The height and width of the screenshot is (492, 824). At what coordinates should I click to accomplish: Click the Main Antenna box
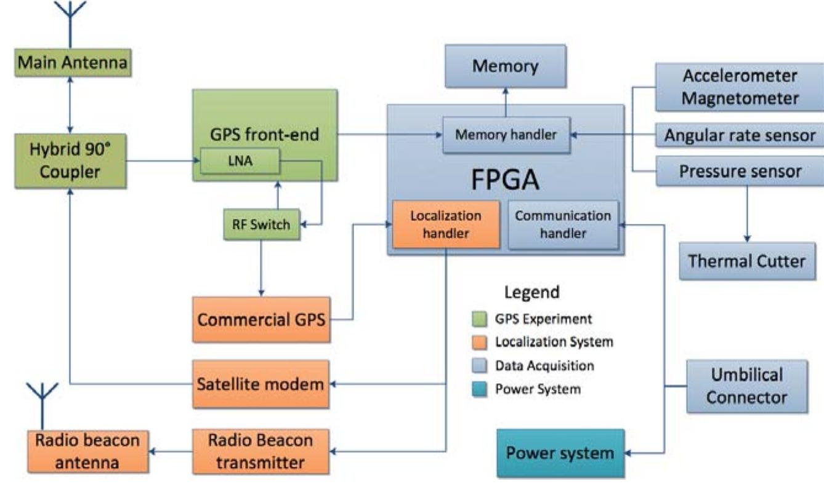(x=73, y=63)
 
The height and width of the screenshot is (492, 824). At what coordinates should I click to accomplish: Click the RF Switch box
(x=262, y=225)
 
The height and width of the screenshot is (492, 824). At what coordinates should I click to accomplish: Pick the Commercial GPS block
(x=262, y=319)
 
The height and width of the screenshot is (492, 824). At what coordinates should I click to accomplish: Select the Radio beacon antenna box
(x=87, y=451)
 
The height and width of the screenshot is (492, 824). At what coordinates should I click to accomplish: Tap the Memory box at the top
(x=504, y=66)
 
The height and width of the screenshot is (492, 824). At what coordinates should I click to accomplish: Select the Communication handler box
(x=563, y=225)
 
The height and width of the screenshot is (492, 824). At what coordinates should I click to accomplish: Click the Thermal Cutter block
(x=746, y=261)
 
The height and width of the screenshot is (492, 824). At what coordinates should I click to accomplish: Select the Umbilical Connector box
(x=746, y=386)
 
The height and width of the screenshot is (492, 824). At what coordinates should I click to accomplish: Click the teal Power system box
(x=560, y=454)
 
